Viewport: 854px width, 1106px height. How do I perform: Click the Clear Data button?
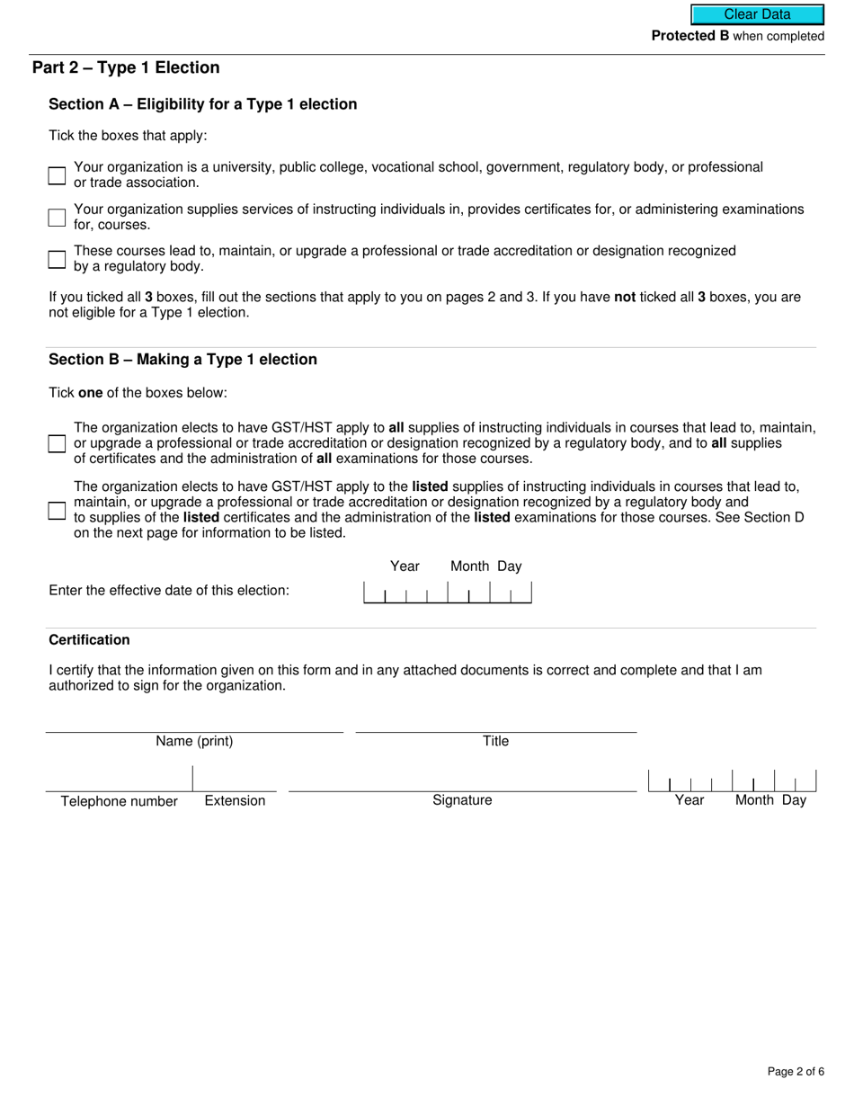[757, 14]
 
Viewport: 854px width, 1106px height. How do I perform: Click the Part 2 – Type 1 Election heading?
[126, 67]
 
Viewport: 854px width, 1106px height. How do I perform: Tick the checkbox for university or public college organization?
[57, 175]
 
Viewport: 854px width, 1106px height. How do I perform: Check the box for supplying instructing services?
[57, 218]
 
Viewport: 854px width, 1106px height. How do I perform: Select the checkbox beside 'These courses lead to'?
[57, 260]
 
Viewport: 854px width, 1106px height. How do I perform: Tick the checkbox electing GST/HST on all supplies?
[57, 443]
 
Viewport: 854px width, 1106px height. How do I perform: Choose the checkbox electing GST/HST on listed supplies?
[57, 511]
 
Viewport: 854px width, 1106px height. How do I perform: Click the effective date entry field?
[447, 592]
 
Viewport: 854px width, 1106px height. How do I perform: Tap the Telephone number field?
[119, 780]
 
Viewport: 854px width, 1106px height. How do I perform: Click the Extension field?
[235, 780]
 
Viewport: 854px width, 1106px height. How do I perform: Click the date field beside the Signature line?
[732, 780]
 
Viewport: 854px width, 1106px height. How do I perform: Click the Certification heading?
[89, 640]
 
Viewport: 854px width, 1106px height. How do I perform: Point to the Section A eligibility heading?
[202, 104]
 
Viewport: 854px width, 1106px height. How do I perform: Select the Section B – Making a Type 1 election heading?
[182, 360]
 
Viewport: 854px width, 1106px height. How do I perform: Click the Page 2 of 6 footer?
[796, 1071]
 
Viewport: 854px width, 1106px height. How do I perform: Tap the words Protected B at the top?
[689, 36]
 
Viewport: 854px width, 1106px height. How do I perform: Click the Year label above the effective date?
[405, 566]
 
